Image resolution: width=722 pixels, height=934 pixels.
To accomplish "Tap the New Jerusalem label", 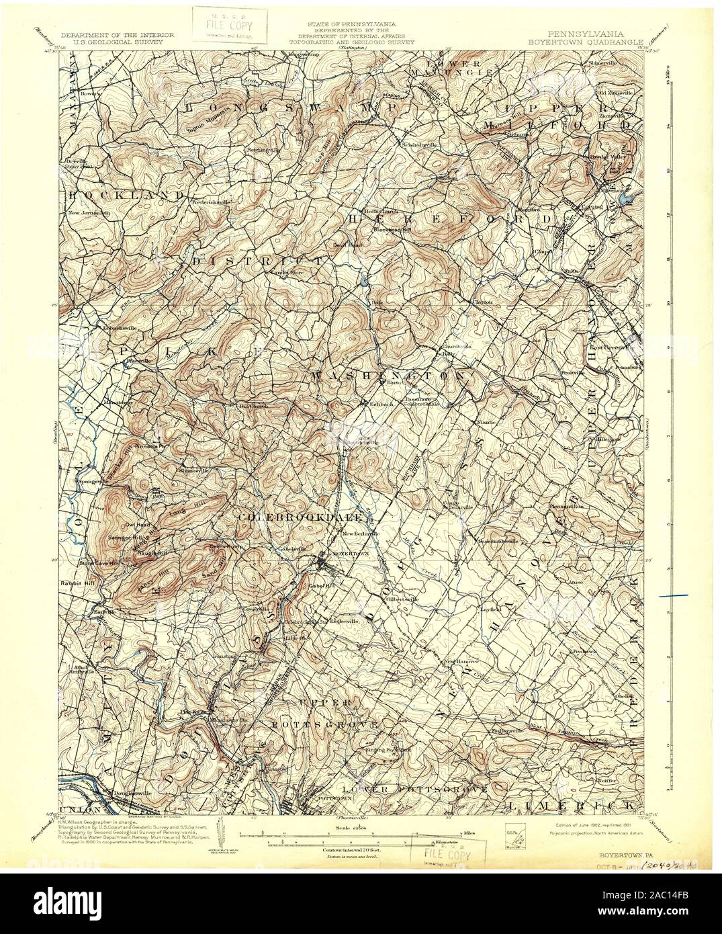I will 88,213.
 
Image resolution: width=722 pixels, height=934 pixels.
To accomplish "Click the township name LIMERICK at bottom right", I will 572,804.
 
